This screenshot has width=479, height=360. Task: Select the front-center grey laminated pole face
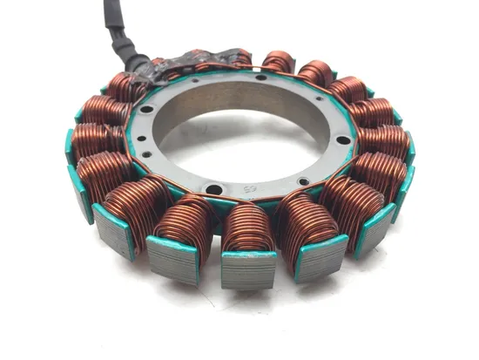tap(249, 271)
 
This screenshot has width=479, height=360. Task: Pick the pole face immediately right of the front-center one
tap(319, 257)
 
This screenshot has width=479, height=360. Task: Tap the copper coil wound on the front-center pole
tap(249, 227)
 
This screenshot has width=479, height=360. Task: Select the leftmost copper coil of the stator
tap(91, 139)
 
